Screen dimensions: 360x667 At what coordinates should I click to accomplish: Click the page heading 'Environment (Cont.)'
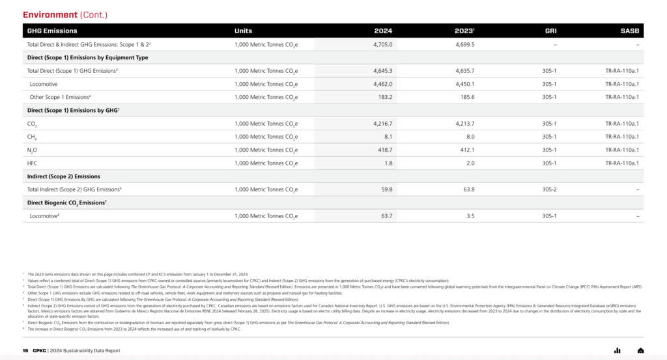coord(65,14)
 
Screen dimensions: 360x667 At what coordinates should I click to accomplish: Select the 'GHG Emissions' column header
coord(52,31)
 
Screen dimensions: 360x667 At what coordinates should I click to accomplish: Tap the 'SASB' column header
coord(630,31)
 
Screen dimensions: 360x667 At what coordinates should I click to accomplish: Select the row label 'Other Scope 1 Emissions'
coord(60,97)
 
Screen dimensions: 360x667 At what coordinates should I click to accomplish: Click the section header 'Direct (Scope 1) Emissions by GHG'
coord(73,111)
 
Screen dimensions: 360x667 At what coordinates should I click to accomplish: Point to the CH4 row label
coord(32,137)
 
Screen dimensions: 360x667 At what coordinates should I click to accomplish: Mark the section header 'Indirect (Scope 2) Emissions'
coord(64,176)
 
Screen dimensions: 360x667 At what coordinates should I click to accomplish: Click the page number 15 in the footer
coord(25,350)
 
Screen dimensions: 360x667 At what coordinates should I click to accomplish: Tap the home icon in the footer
coord(640,350)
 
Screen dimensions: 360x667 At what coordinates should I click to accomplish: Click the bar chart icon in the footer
coord(617,350)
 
